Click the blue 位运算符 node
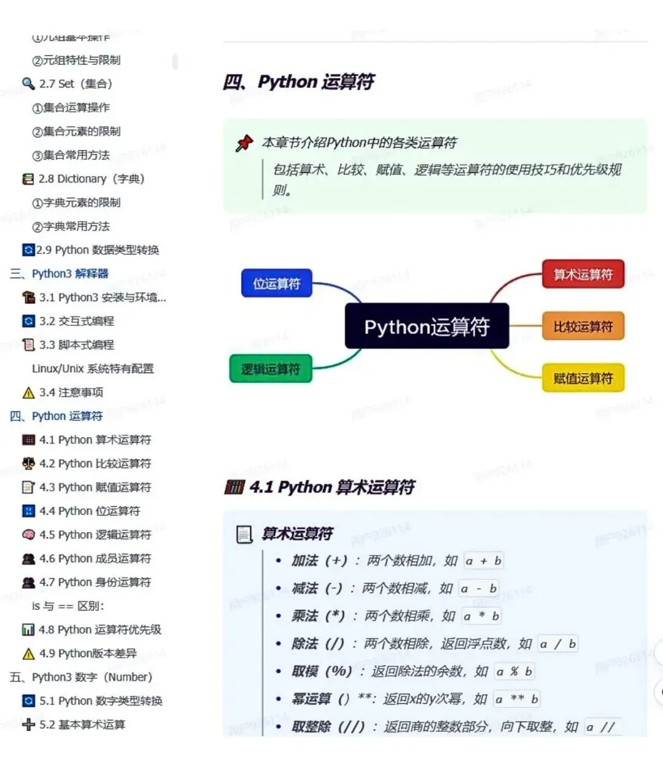277,284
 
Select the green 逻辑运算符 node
271,369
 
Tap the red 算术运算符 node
583,274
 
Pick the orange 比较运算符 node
583,326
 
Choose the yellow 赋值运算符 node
583,378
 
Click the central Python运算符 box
427,326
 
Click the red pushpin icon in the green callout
244,143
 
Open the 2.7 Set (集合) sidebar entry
76,83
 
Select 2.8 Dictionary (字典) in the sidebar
91,179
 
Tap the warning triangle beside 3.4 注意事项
28,393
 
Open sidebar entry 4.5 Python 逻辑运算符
95,534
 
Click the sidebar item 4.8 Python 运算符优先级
99,630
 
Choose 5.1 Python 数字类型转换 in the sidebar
101,701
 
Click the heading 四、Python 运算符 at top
299,82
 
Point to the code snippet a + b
483,561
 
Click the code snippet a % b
514,671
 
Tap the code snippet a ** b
517,699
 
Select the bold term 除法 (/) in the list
318,644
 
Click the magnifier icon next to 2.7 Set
28,83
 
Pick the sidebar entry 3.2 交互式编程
76,321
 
